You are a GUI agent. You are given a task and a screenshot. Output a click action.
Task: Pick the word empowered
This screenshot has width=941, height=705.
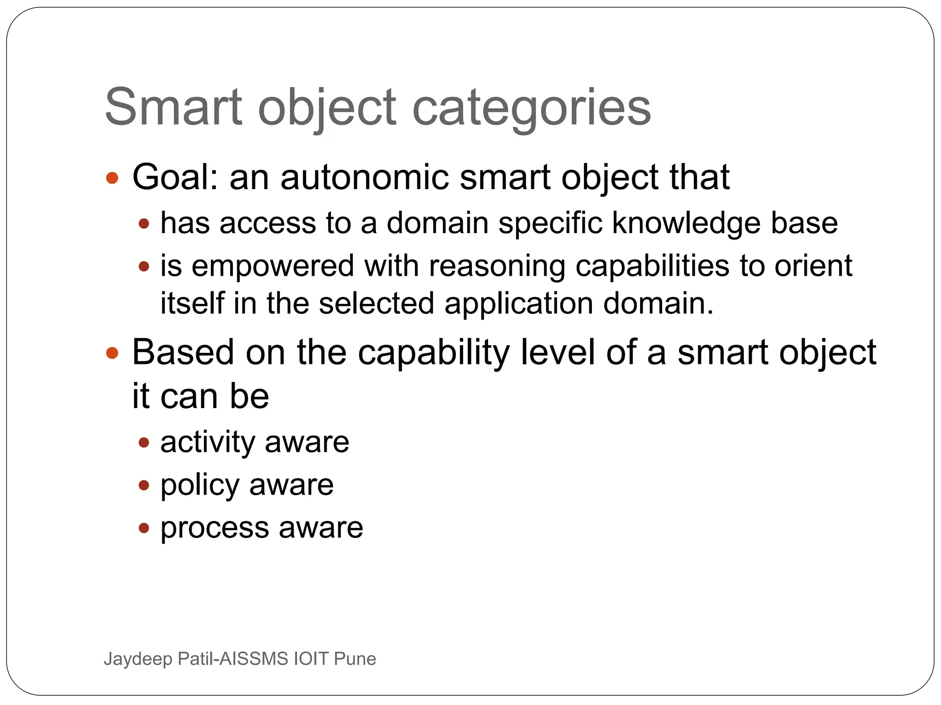tap(273, 267)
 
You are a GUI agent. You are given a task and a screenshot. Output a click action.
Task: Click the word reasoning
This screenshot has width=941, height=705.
tap(497, 267)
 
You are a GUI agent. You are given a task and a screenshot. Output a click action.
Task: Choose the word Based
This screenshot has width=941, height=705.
tap(183, 352)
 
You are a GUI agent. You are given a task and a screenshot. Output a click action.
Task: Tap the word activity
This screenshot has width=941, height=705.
tap(208, 442)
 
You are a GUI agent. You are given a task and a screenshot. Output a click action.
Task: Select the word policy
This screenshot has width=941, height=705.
tap(200, 486)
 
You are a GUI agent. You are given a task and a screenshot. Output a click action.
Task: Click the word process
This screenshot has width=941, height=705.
tap(215, 528)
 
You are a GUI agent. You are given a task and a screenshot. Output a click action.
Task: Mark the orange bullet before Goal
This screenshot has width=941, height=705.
tap(112, 178)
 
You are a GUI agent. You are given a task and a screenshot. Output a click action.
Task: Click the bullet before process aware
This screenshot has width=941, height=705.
tap(144, 528)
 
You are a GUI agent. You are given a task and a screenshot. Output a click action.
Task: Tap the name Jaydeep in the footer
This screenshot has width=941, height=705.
tap(138, 659)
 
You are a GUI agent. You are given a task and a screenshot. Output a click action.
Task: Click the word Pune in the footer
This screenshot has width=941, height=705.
tap(355, 659)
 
